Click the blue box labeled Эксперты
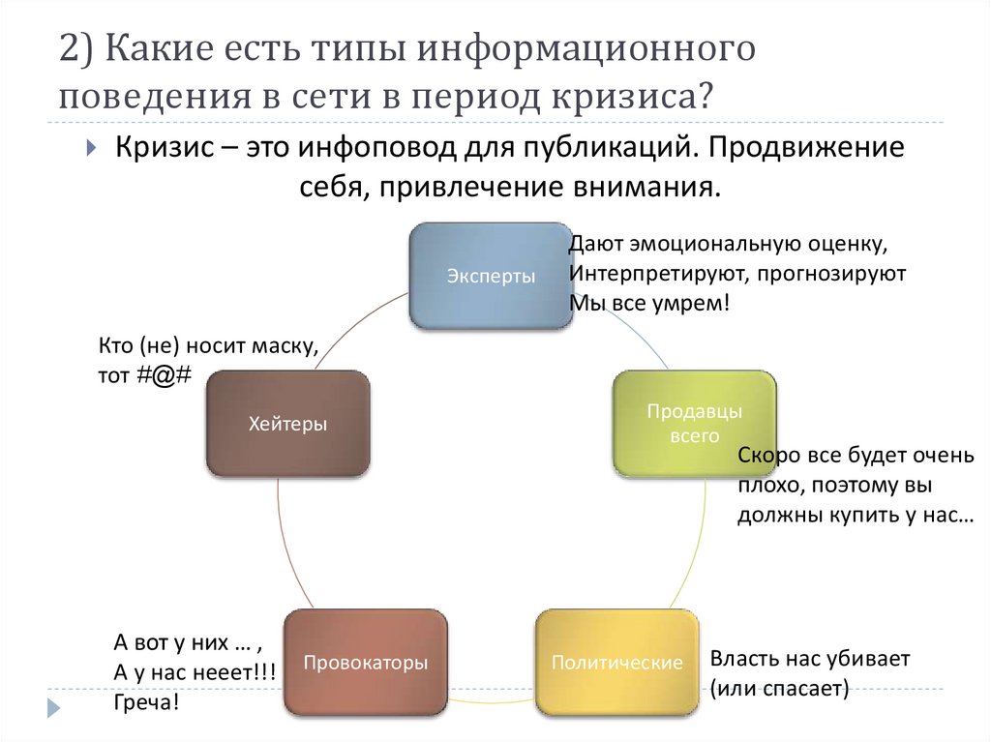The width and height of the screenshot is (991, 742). point(490,276)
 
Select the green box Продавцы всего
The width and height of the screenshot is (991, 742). point(694,423)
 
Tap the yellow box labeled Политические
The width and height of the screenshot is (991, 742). point(616,663)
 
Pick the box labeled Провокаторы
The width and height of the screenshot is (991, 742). point(365,663)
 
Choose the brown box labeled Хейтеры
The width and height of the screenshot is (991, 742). point(287,423)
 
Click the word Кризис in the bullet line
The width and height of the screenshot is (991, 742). point(164,148)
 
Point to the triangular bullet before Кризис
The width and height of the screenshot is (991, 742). point(90,150)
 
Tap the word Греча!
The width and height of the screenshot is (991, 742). point(146,701)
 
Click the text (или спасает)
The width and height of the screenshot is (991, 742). point(779,689)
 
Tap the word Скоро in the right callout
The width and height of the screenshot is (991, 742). point(767,455)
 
